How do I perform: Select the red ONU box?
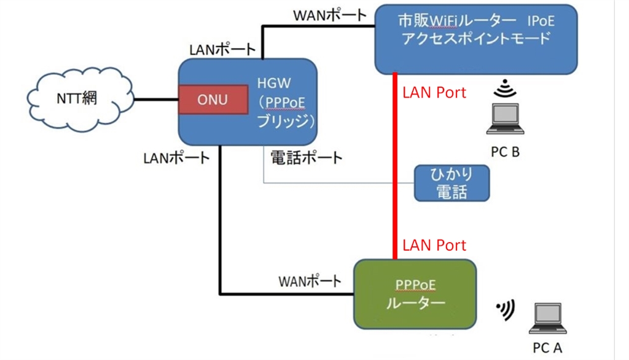(x=212, y=100)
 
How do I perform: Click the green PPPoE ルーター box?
(x=415, y=294)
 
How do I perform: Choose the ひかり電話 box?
(x=451, y=182)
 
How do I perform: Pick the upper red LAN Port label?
(x=434, y=93)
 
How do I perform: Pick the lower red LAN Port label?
(x=434, y=245)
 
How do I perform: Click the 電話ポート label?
(x=306, y=157)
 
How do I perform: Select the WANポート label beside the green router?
(x=310, y=281)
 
